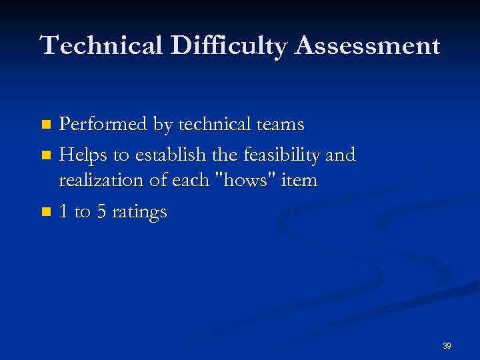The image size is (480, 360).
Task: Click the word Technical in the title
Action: (x=102, y=46)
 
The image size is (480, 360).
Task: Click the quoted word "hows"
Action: (x=256, y=180)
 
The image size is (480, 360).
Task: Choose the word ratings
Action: (x=139, y=212)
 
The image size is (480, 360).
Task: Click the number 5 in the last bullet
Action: (x=101, y=212)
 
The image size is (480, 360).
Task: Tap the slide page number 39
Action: (x=447, y=346)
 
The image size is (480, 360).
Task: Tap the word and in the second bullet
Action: (x=341, y=155)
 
